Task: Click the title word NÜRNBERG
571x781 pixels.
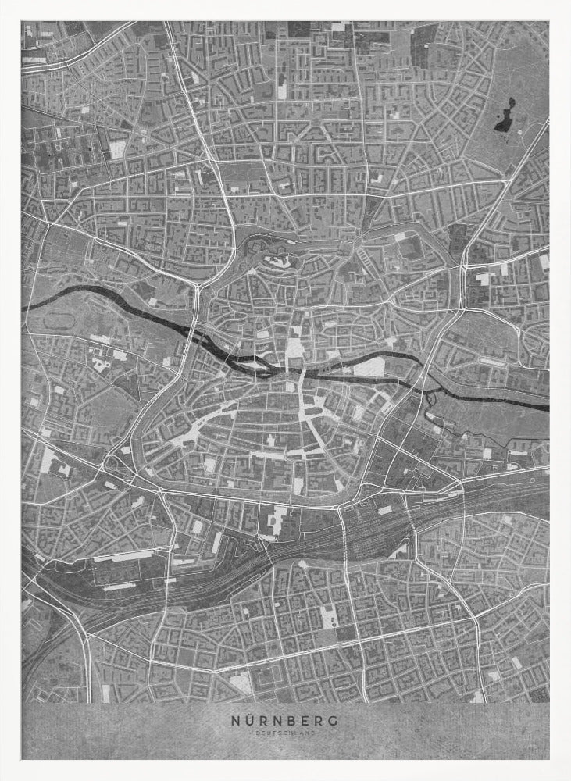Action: click(285, 722)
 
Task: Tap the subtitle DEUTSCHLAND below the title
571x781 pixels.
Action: click(285, 734)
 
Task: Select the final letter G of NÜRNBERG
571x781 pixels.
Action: click(334, 722)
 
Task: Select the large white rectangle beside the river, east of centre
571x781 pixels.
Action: click(369, 368)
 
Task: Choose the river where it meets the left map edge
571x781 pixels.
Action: click(27, 306)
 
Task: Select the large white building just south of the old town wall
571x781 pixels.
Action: click(277, 519)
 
